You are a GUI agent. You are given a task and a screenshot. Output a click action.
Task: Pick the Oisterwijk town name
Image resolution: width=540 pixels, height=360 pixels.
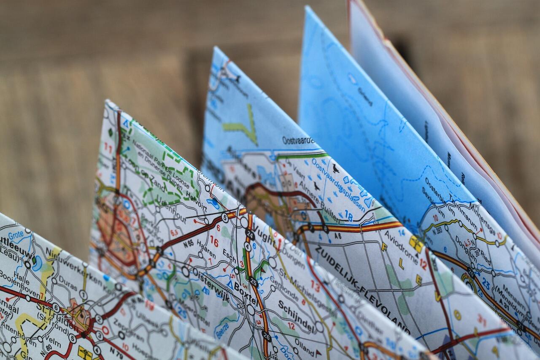click(211, 285)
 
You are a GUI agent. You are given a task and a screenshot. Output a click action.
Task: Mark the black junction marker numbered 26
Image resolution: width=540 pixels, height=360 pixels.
click(266, 336)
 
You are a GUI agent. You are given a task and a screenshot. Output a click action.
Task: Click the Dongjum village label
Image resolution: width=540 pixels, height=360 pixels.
click(467, 249)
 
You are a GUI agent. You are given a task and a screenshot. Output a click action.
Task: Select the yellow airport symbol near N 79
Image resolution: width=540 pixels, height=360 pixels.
click(85, 352)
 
